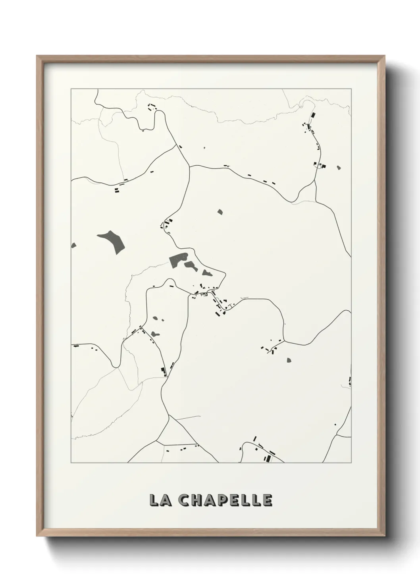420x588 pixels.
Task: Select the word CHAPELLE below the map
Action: coord(225,500)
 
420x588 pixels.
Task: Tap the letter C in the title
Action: coord(184,500)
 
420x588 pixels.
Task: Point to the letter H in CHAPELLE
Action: coord(197,500)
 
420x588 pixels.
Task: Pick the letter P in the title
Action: coord(224,500)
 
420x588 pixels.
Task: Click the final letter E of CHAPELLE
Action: coord(268,500)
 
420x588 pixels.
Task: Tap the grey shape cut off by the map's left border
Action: coord(73,246)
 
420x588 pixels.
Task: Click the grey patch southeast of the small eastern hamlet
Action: coord(289,360)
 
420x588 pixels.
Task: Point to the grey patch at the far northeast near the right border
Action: coord(338,168)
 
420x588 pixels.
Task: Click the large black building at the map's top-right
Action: coord(313,115)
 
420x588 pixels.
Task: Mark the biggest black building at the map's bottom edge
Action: coord(268,459)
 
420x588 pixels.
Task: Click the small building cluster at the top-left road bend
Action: coord(152,106)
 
